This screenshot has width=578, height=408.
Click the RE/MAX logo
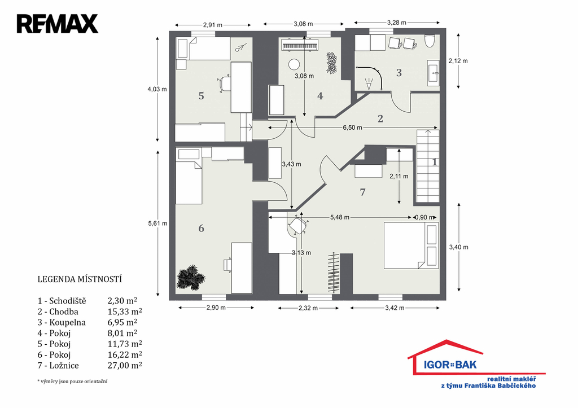coord(58,24)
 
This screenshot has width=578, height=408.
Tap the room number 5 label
coord(202,96)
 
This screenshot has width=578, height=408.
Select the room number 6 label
coord(202,229)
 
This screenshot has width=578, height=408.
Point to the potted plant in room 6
coord(191,277)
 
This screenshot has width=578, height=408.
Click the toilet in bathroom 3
coord(430,41)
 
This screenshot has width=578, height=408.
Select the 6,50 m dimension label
coord(352,128)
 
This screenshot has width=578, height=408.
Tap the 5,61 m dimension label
coord(157,223)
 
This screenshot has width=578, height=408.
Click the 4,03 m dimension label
coord(157,89)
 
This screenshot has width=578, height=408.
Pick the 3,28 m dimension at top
coord(397,23)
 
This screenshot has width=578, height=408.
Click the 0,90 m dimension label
coord(424,217)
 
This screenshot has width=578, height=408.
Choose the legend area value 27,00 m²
coord(125,365)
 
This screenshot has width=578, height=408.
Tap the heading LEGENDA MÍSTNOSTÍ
coord(80,279)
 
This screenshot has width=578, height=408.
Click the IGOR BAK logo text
coord(450,365)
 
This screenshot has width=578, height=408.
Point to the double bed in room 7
coord(411,245)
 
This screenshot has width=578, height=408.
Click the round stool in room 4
coord(294,64)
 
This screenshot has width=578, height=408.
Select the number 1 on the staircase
coord(435,162)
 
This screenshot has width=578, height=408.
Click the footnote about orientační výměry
coord(72,381)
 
